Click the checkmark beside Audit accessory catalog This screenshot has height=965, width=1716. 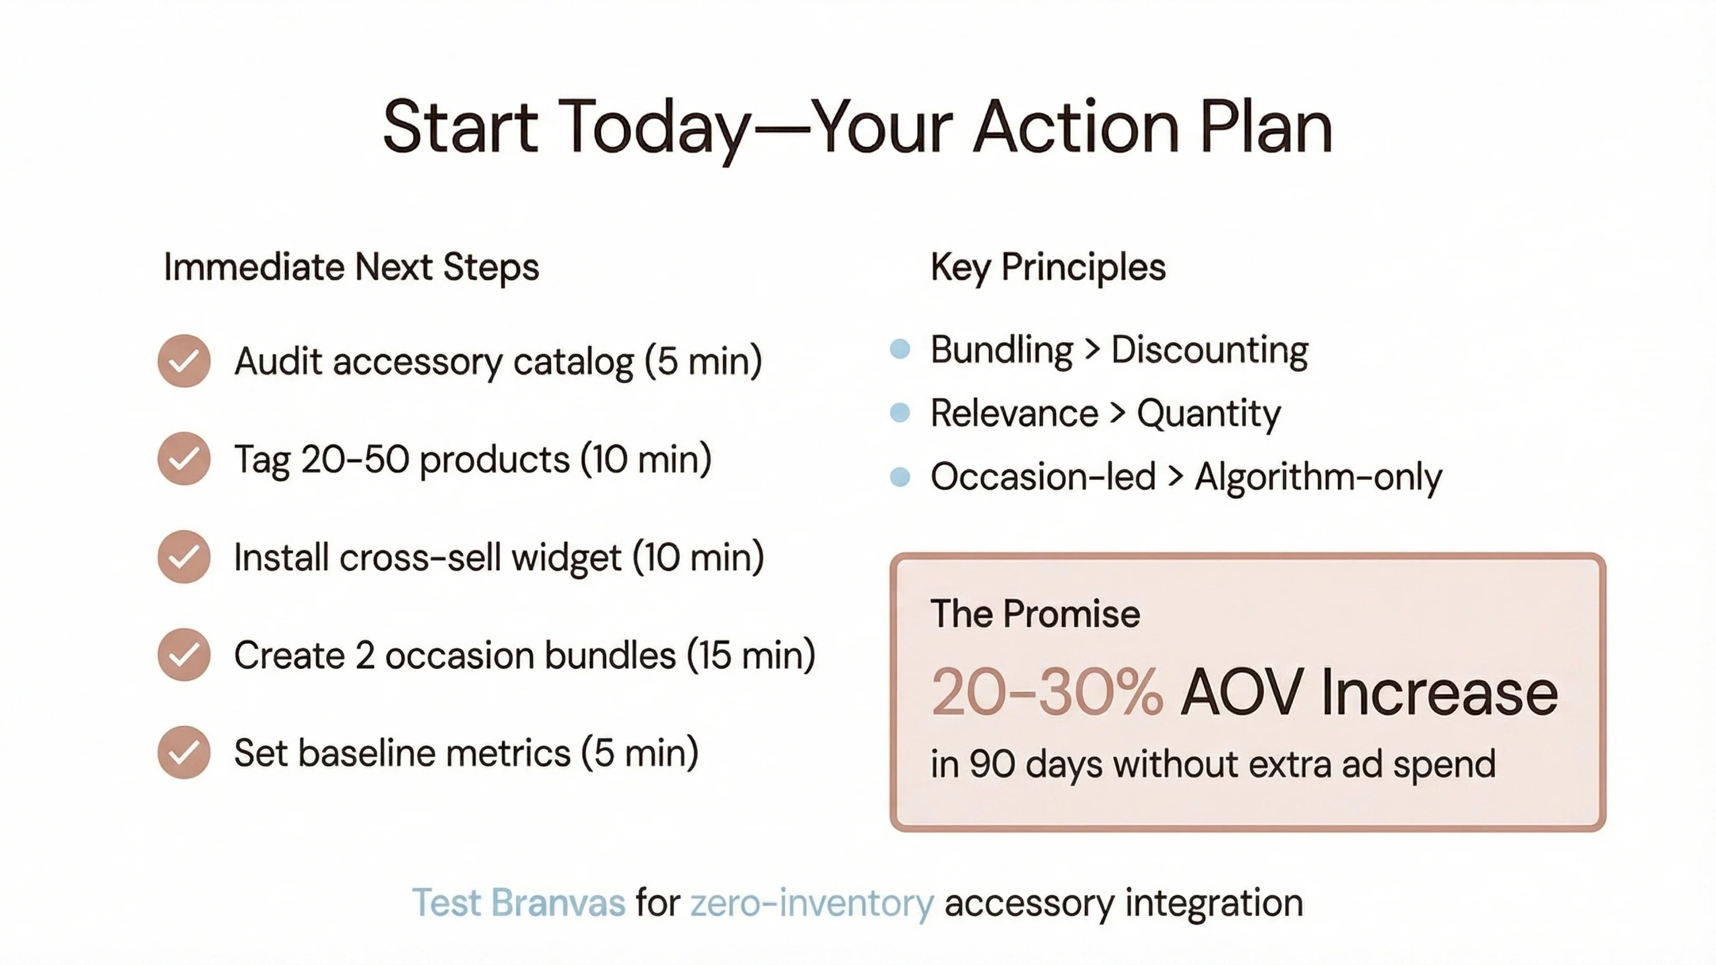pos(184,361)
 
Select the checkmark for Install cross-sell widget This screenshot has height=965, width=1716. pos(184,557)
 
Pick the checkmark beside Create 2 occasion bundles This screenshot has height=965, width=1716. pos(184,654)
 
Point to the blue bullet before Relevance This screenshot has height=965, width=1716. pos(900,413)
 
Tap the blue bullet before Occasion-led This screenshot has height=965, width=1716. pos(900,477)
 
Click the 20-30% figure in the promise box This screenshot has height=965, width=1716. pos(1046,693)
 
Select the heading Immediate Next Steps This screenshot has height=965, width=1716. pos(351,268)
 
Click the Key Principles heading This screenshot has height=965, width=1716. pos(1048,268)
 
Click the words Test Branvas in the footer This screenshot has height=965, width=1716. pos(518,903)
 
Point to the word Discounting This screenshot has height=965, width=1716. pos(1209,350)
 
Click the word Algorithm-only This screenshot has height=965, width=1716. pos(1317,477)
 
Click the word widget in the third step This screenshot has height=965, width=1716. pos(566,558)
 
